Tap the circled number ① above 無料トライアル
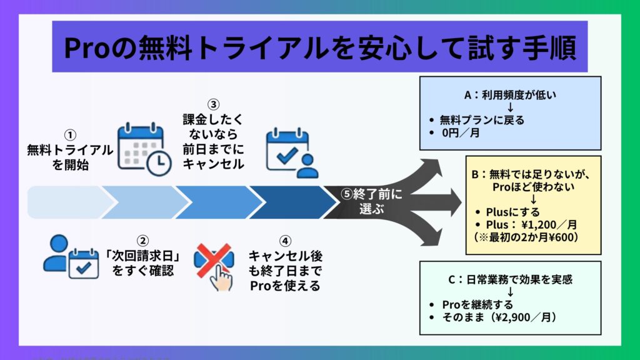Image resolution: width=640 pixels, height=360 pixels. click(x=70, y=135)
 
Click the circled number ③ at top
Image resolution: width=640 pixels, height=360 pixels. click(x=214, y=104)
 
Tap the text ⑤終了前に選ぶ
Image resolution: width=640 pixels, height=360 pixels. click(x=372, y=201)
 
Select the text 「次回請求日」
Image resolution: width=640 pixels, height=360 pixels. click(x=142, y=256)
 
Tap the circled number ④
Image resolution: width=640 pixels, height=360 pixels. click(x=284, y=241)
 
